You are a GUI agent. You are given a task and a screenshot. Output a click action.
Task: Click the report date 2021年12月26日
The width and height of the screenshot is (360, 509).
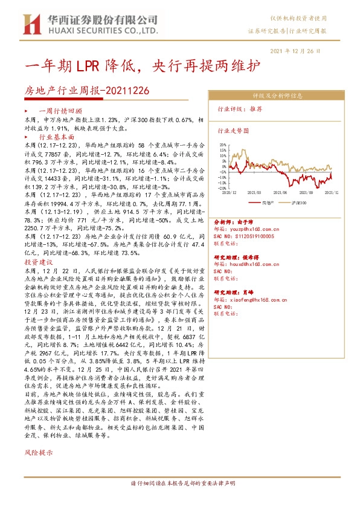pos(303,51)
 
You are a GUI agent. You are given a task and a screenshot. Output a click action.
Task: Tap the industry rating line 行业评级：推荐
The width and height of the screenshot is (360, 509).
pos(240,109)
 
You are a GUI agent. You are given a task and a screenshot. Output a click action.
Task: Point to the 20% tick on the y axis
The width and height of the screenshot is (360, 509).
pos(223,145)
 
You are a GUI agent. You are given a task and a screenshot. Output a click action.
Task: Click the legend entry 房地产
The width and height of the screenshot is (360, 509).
pos(269,203)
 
